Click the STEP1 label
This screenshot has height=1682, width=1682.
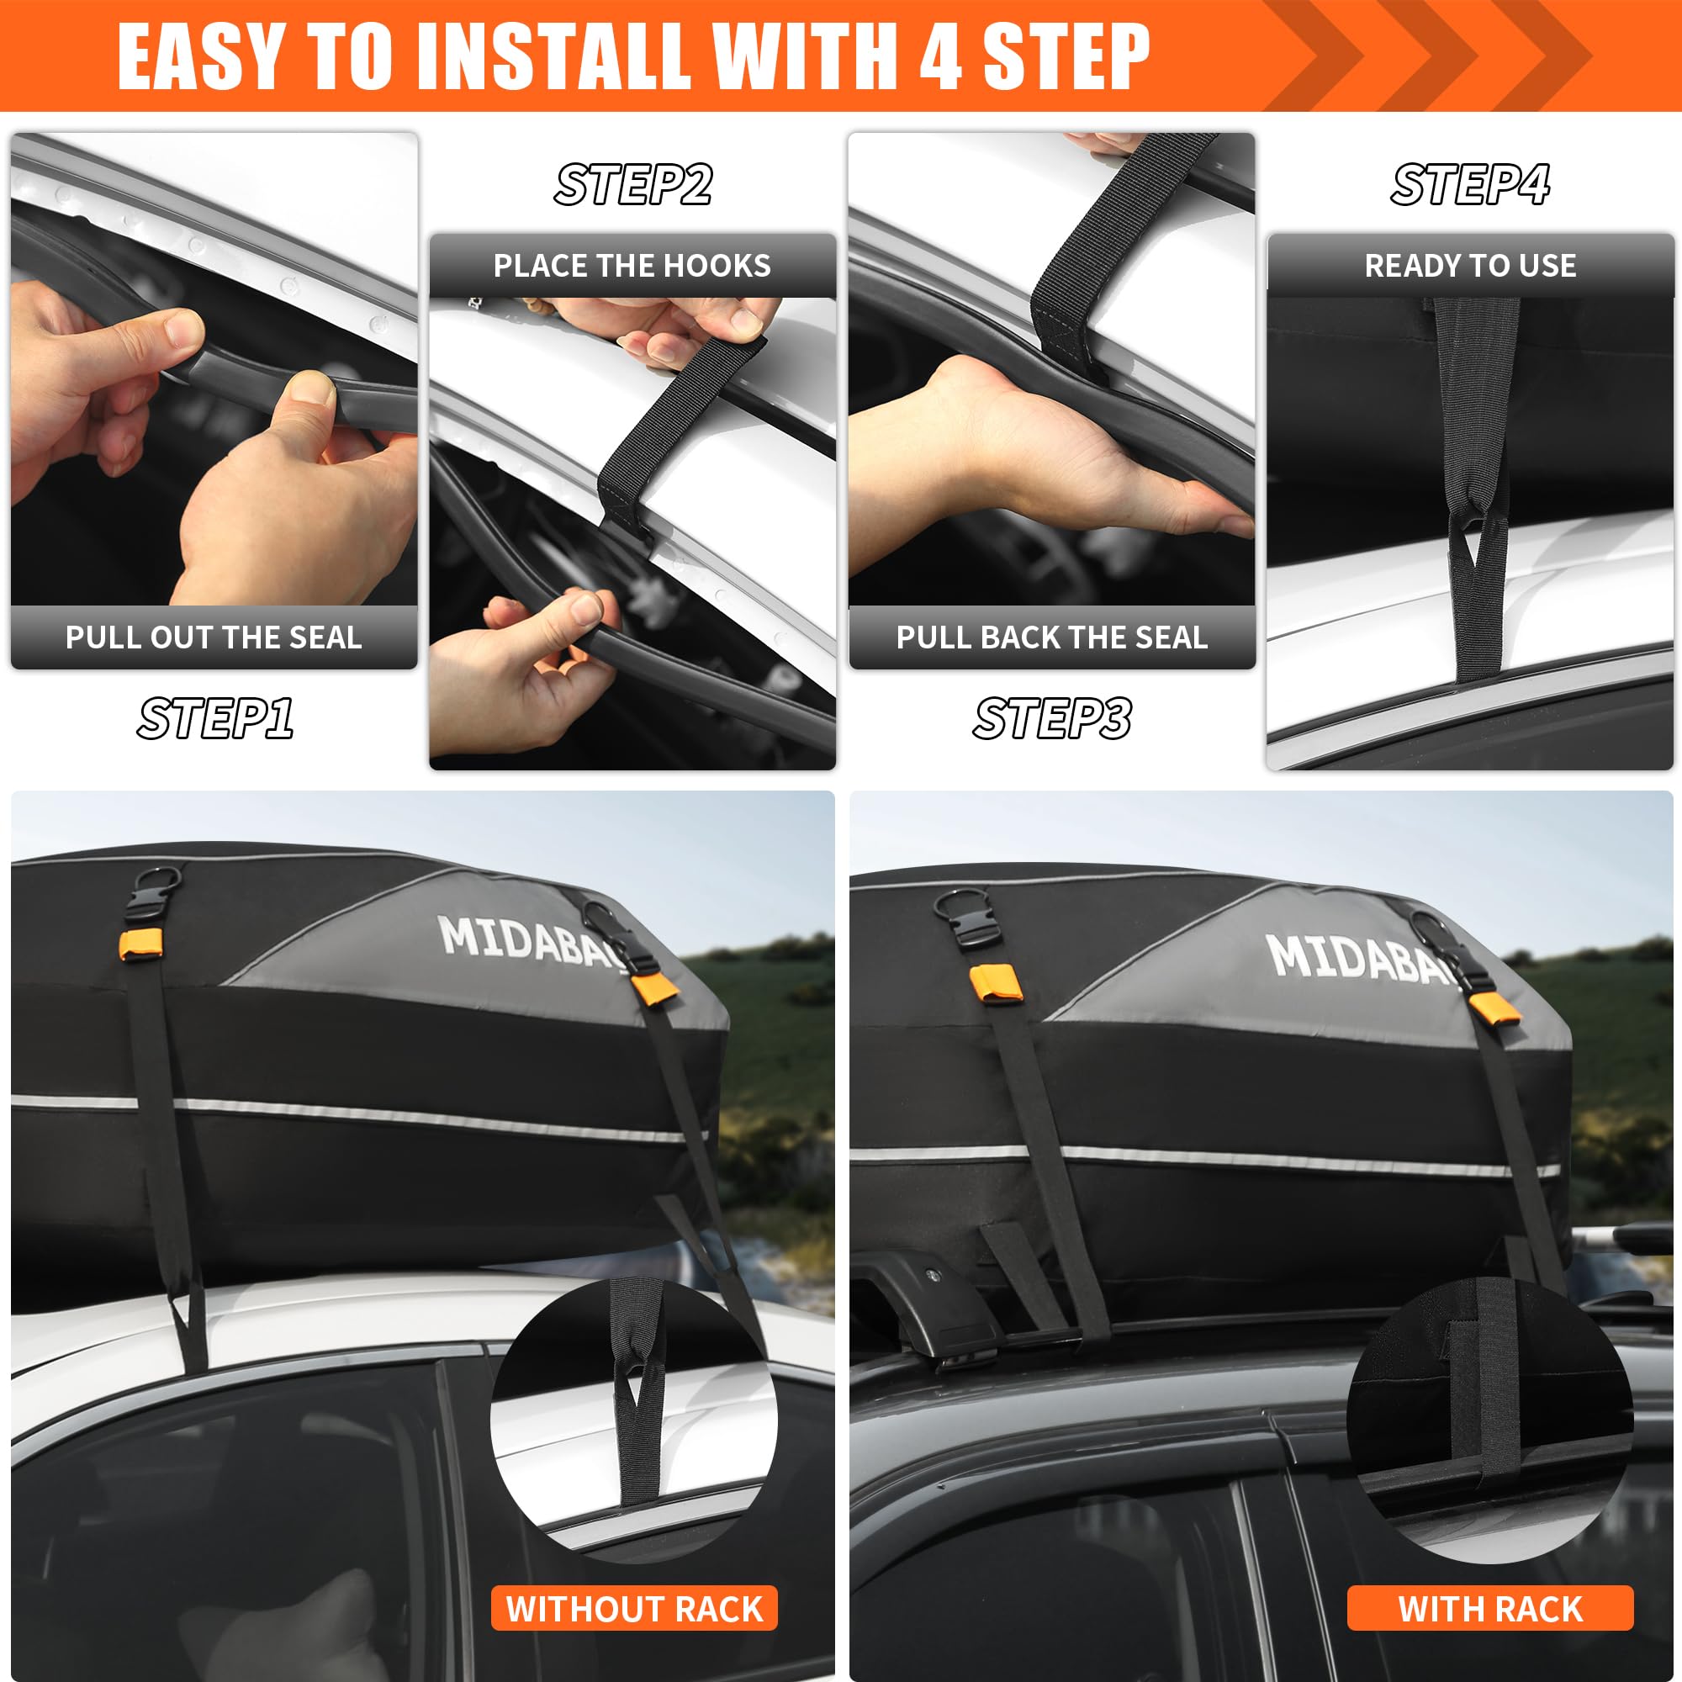click(x=214, y=718)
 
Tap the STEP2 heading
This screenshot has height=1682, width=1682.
click(x=633, y=184)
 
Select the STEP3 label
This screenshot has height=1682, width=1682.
click(x=1052, y=718)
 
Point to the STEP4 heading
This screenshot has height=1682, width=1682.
click(x=1469, y=184)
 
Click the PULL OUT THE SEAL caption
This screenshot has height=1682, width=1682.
click(x=214, y=637)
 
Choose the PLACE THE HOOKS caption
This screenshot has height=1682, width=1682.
click(x=632, y=266)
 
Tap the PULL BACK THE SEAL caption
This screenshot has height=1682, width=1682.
click(x=1052, y=637)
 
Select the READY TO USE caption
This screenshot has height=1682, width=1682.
click(x=1469, y=266)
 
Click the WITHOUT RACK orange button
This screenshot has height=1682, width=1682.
click(x=634, y=1608)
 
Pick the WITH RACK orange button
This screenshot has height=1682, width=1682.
click(x=1489, y=1608)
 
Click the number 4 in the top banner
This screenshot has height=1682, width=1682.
click(x=940, y=56)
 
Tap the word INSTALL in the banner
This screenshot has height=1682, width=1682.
click(x=554, y=56)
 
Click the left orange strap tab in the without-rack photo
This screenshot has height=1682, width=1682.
click(x=140, y=944)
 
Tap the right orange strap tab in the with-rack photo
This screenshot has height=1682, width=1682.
click(x=1494, y=1008)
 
